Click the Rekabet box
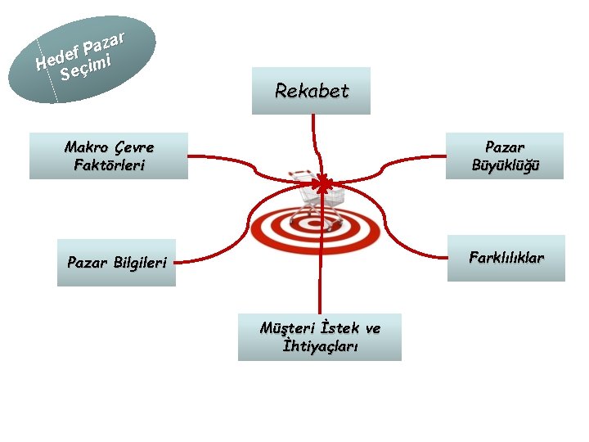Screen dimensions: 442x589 coord(312,91)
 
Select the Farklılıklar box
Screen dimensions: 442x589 coord(506,259)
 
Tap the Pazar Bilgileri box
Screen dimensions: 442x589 coord(116,263)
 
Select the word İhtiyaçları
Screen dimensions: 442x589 coord(320,345)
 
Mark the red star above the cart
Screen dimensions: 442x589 coord(325,185)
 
